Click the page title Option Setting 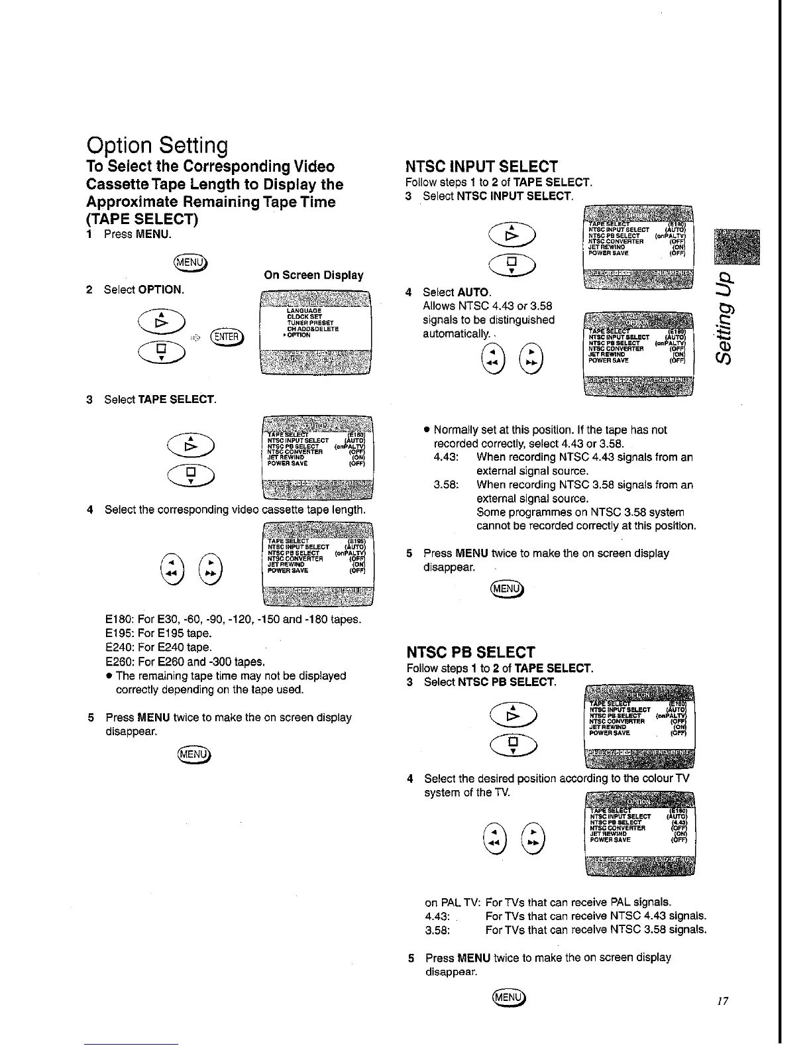tap(157, 145)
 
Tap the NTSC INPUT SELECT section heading tap(482, 166)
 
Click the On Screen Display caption tap(313, 275)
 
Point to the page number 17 tap(722, 1002)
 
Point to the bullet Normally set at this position tap(550, 430)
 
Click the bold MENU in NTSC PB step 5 tap(473, 958)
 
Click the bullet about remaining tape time tap(231, 675)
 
